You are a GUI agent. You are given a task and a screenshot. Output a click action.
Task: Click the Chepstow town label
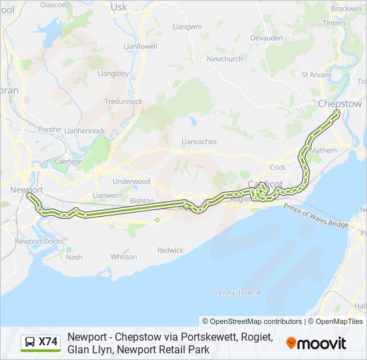point(340,104)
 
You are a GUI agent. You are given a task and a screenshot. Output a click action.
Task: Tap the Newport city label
point(27,190)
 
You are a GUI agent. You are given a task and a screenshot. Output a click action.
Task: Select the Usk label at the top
point(119,7)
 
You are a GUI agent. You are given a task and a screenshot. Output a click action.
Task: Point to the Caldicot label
point(266,185)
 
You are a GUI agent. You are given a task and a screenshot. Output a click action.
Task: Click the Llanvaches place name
point(199,142)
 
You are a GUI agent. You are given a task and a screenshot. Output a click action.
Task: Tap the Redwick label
point(170,251)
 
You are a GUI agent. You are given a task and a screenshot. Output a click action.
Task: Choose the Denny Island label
point(236,293)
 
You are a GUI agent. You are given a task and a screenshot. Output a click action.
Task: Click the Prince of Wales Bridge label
point(316,216)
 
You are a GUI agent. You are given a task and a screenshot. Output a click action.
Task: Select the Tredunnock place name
point(123,101)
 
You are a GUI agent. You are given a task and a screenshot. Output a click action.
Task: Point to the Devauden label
point(266,39)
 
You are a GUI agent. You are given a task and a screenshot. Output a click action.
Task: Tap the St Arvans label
point(316,75)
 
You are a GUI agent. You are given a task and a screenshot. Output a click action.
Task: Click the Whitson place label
point(123,257)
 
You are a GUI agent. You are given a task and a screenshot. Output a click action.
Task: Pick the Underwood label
point(131,181)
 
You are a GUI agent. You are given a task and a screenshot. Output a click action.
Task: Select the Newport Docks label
point(39,241)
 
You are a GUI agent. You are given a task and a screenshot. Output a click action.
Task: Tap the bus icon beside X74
point(30,343)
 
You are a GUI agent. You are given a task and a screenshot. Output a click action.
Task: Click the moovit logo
point(316,343)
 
